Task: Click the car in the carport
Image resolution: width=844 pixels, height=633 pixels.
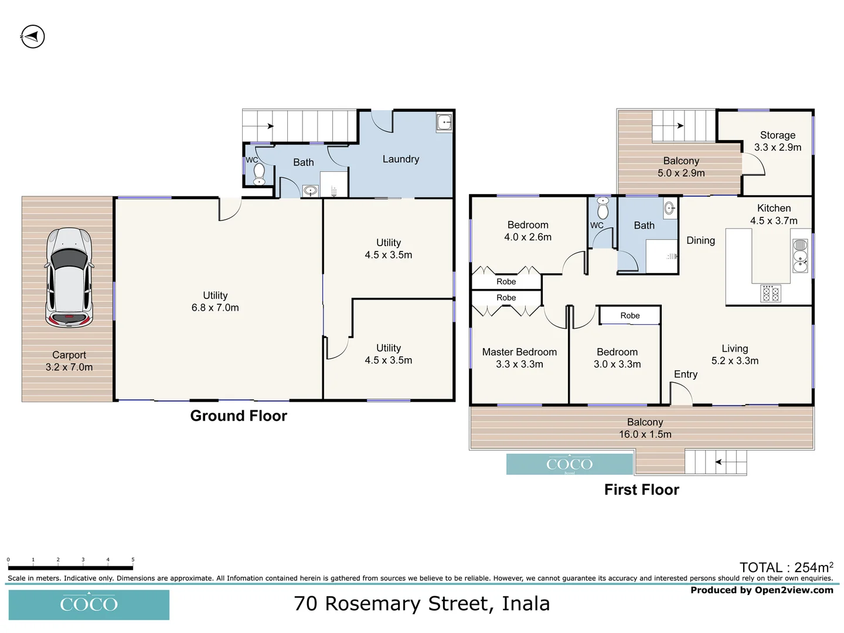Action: [69, 277]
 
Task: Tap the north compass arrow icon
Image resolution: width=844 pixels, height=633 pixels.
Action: [33, 37]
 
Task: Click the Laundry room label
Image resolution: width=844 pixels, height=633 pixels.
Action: [401, 159]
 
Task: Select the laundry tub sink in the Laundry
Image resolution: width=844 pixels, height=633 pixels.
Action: [444, 122]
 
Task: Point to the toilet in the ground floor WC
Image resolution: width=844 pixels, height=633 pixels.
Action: [258, 174]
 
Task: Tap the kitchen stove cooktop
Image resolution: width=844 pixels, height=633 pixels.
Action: [770, 293]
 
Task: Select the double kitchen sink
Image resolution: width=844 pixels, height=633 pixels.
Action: [800, 256]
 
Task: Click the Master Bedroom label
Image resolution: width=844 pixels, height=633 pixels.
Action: [519, 352]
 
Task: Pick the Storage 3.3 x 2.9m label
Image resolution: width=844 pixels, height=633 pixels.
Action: [778, 141]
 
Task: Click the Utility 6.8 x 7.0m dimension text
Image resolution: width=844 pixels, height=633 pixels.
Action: [215, 308]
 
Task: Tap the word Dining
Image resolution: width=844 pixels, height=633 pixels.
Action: [700, 240]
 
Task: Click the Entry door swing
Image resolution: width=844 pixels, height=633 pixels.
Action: [680, 394]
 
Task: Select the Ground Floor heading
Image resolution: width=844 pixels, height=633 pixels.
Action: [239, 416]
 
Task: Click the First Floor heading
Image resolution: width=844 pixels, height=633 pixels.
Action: [642, 490]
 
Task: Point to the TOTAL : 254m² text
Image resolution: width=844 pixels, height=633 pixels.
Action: [786, 567]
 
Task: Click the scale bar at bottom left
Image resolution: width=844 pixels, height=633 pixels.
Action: [70, 567]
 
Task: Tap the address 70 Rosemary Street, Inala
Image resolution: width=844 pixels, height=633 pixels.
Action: [422, 604]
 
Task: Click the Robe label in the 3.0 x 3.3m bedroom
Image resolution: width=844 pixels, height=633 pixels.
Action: [630, 316]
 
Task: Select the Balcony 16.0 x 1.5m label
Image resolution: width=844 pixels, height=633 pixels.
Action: [645, 428]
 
